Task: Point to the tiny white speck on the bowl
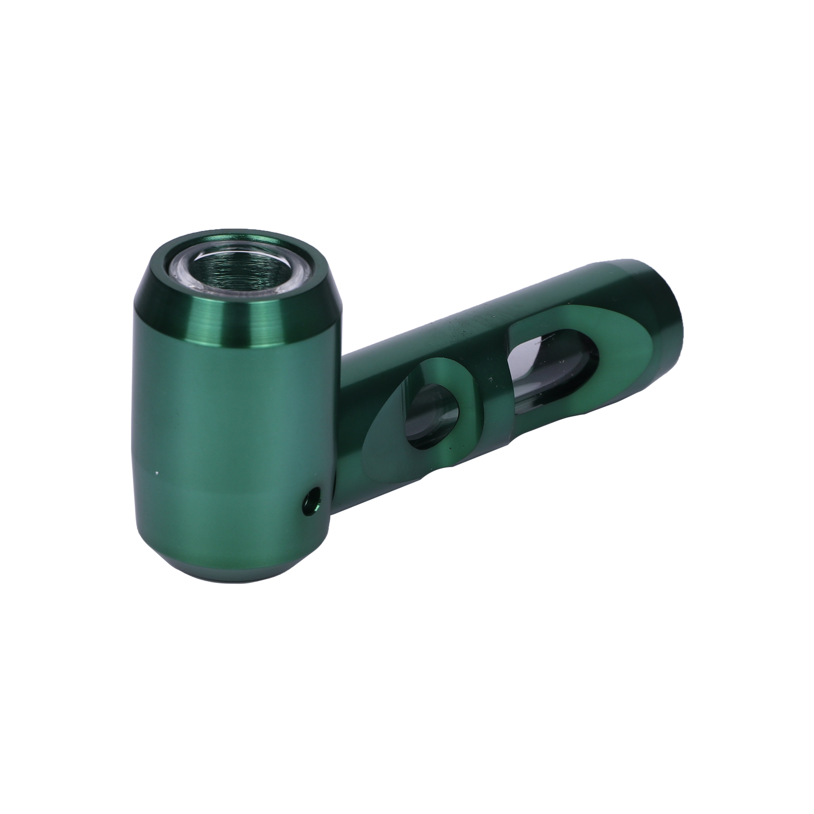[x=158, y=473]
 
